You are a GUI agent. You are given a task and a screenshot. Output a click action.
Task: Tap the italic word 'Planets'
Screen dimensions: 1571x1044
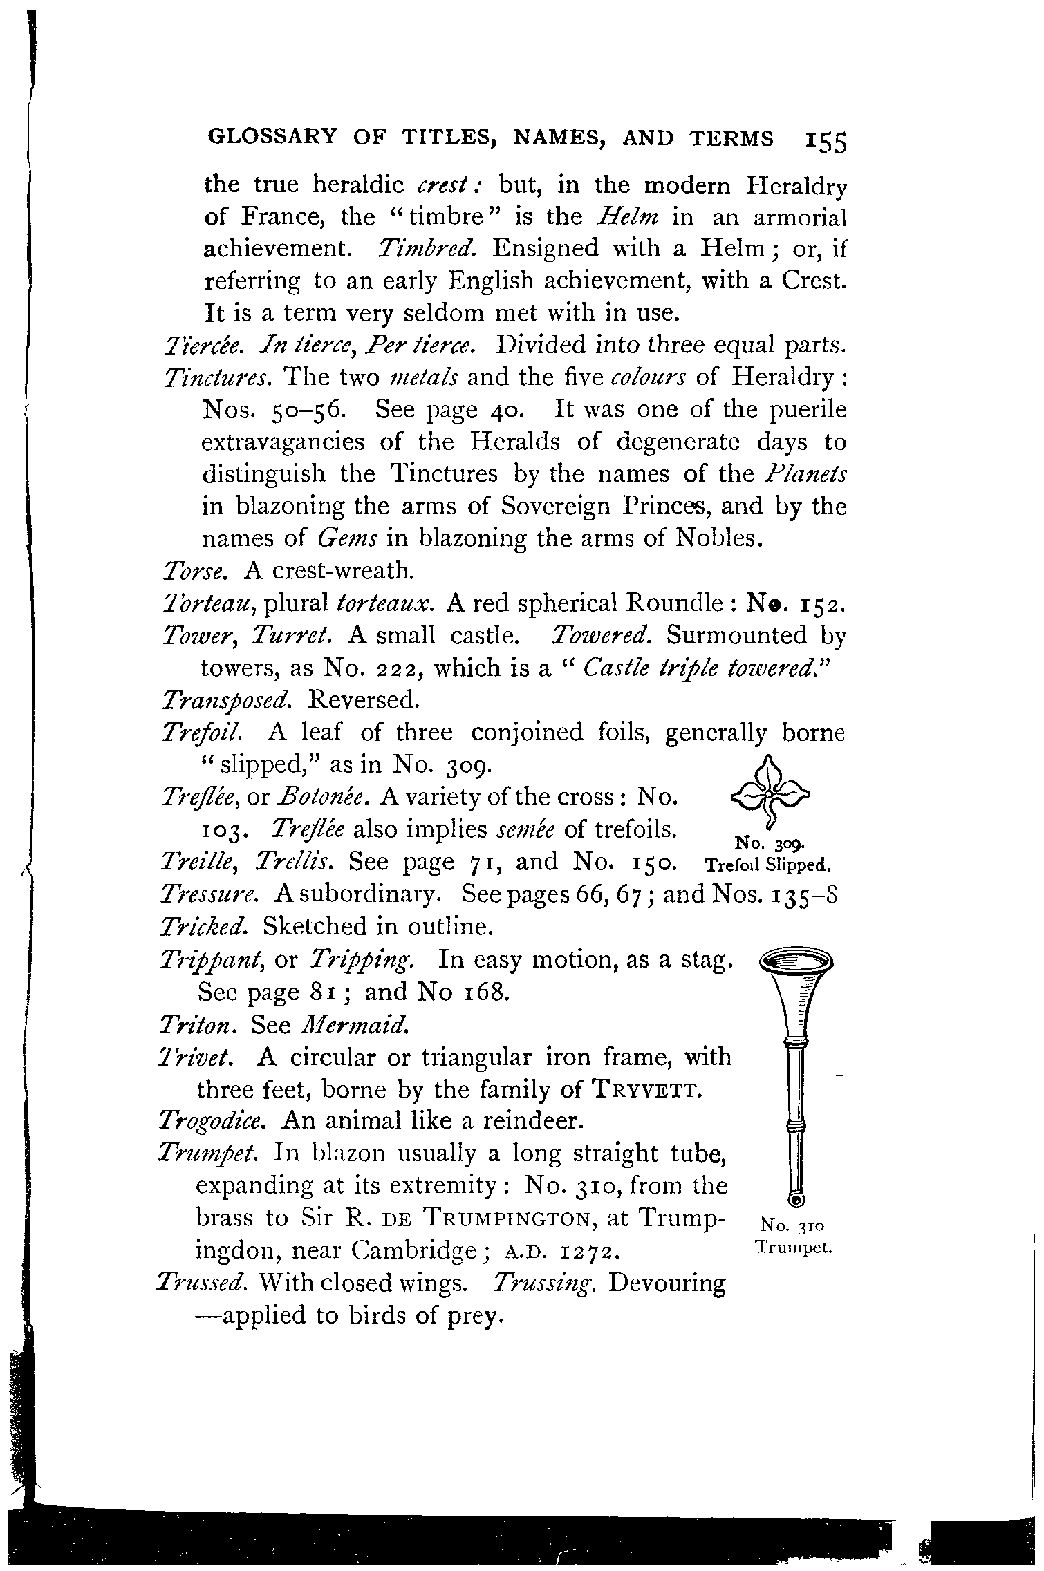(x=805, y=474)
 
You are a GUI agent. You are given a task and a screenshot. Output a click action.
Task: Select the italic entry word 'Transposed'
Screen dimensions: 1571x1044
(x=225, y=701)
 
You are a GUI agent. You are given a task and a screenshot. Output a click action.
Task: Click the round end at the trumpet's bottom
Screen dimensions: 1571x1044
(x=798, y=1198)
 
